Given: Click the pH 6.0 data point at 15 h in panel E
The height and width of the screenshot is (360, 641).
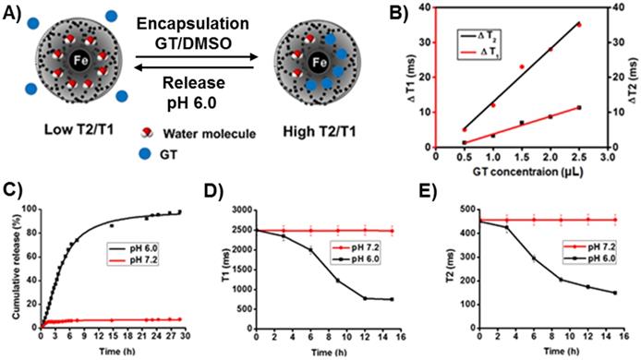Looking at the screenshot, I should tap(613, 293).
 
